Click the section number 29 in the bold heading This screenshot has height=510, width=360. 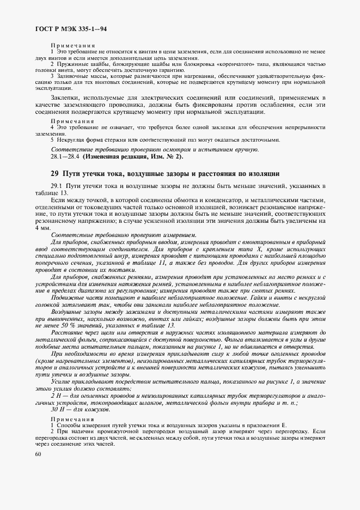click(x=54, y=174)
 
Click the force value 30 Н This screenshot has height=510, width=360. click(x=58, y=409)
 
